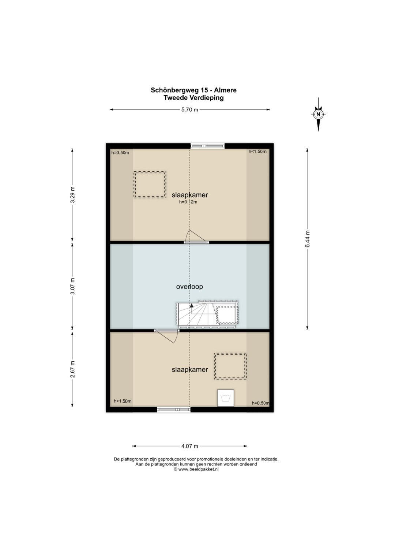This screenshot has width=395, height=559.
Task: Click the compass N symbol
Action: [318, 114]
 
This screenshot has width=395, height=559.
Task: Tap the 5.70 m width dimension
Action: [190, 109]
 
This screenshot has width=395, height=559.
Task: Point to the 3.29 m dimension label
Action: [72, 195]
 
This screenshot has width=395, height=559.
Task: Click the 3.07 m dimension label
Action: [72, 286]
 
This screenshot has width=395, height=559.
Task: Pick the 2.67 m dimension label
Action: [72, 369]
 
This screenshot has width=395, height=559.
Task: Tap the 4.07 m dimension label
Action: [190, 446]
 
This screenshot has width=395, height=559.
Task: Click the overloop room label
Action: [189, 287]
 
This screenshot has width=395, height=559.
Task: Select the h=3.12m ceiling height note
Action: [188, 202]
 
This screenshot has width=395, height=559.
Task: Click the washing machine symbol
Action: [225, 398]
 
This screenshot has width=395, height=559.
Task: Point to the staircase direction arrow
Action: [191, 305]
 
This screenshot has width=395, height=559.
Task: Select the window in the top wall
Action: [208, 146]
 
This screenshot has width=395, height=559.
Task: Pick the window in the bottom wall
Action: [174, 410]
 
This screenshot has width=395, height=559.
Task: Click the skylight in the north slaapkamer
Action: [150, 185]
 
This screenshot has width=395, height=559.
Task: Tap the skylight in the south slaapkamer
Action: [230, 366]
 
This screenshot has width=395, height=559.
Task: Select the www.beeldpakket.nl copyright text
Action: [196, 469]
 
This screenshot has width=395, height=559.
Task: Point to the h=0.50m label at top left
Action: [120, 153]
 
